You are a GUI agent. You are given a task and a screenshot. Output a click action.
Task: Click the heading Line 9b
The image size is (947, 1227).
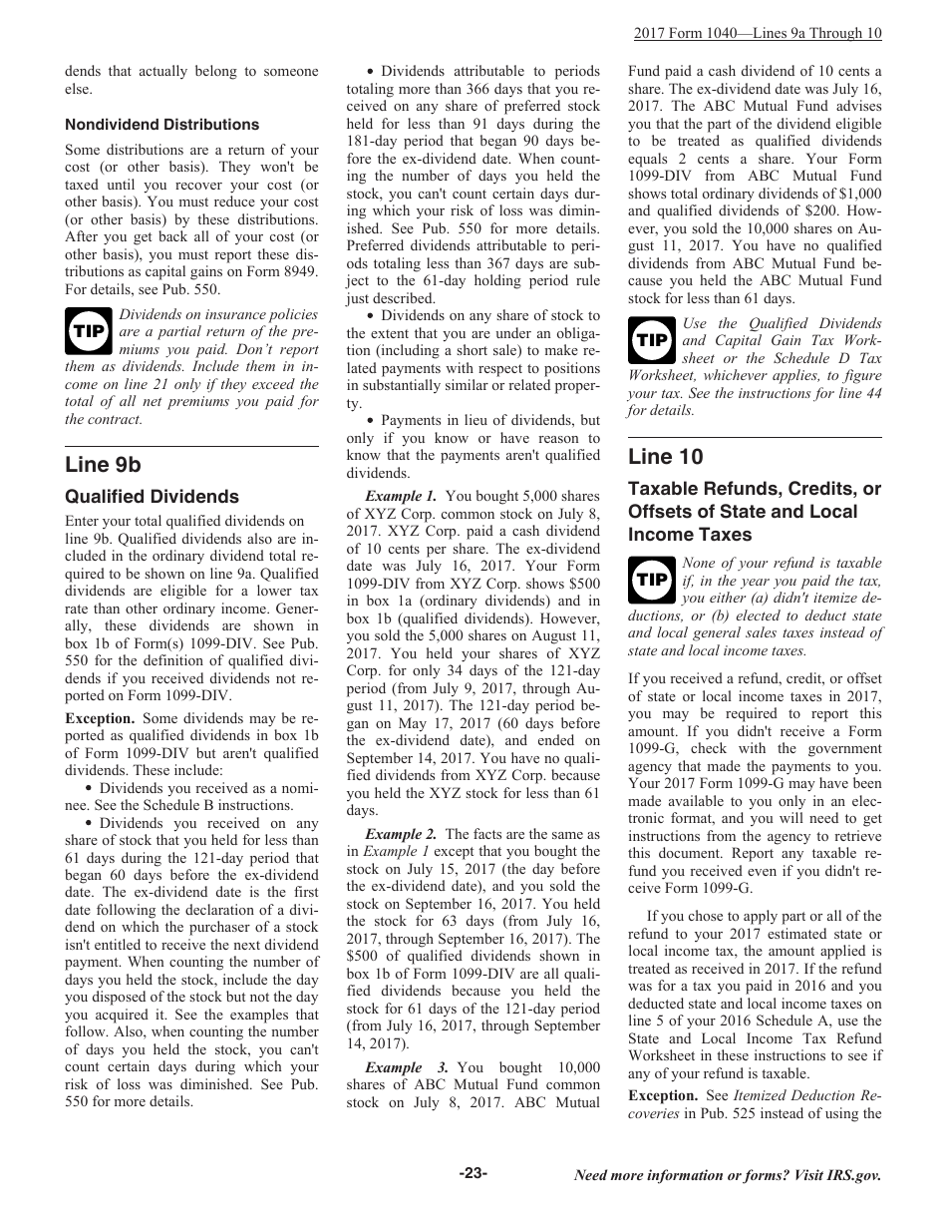point(103,465)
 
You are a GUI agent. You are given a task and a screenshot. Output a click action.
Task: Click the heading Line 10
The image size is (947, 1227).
point(665,457)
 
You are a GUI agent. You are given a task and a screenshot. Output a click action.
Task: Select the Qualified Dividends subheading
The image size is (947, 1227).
point(152,497)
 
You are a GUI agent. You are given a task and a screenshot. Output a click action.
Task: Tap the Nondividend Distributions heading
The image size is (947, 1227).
point(161,125)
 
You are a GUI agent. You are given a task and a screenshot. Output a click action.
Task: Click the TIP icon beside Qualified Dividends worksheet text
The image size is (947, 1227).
point(651,340)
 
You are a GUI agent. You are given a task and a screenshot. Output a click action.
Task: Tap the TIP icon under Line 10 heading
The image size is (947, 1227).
point(651,581)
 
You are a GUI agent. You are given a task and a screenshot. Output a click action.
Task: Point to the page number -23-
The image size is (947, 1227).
point(473,1174)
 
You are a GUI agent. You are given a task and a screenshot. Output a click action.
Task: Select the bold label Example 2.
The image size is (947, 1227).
point(401,834)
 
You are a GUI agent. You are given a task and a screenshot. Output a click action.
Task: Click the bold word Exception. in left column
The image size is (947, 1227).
point(100,718)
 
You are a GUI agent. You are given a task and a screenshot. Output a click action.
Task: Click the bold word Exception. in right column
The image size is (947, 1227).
point(662,1095)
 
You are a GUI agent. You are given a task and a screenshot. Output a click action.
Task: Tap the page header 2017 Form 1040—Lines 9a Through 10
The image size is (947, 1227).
point(758,33)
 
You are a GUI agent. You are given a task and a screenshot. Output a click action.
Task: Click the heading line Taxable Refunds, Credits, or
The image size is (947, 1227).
point(754,489)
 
